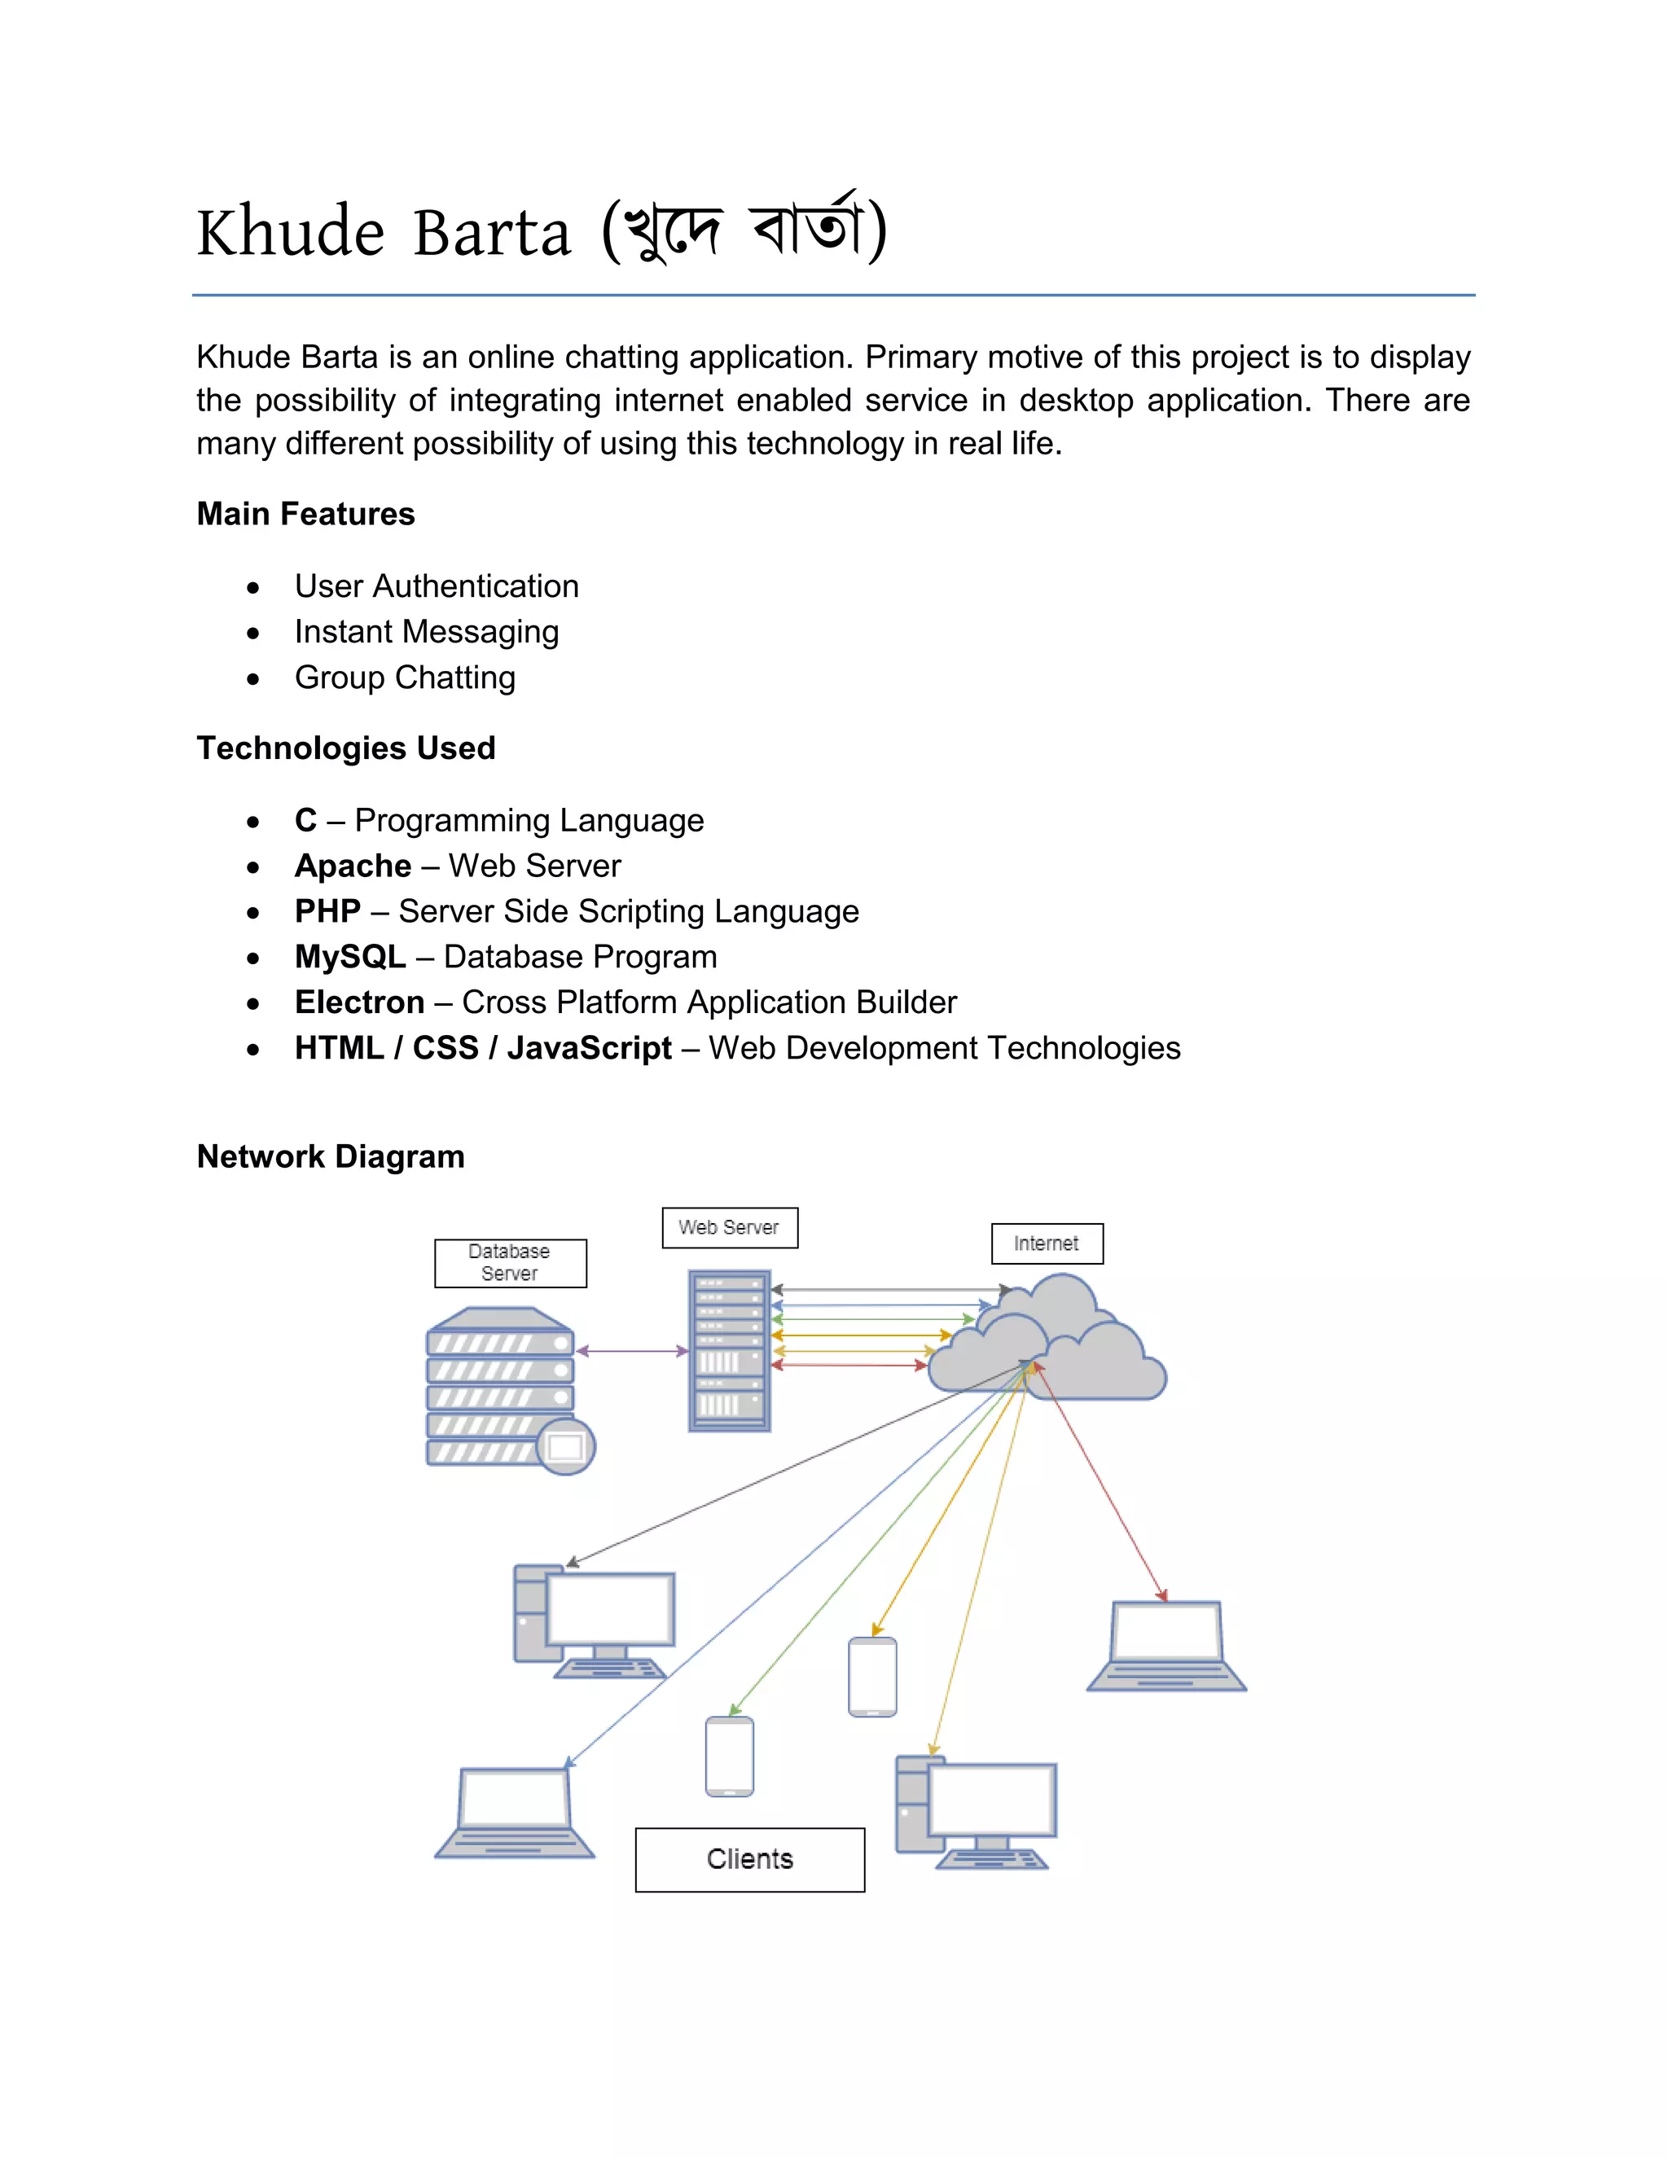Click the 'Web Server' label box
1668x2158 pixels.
pyautogui.click(x=729, y=1227)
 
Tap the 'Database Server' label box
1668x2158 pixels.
pyautogui.click(x=510, y=1263)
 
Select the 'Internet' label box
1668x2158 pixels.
pyautogui.click(x=1047, y=1243)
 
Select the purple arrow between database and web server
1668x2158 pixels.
pyautogui.click(x=631, y=1351)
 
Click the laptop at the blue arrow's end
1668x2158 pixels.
pyautogui.click(x=515, y=1814)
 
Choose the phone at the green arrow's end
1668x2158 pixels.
pyautogui.click(x=729, y=1757)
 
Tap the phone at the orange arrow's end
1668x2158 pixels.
pyautogui.click(x=872, y=1677)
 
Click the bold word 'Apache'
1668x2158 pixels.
pyautogui.click(x=353, y=866)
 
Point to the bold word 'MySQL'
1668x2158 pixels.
pyautogui.click(x=349, y=957)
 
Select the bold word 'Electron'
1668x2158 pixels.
pyautogui.click(x=360, y=1002)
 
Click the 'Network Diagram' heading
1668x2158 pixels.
pyautogui.click(x=331, y=1156)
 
